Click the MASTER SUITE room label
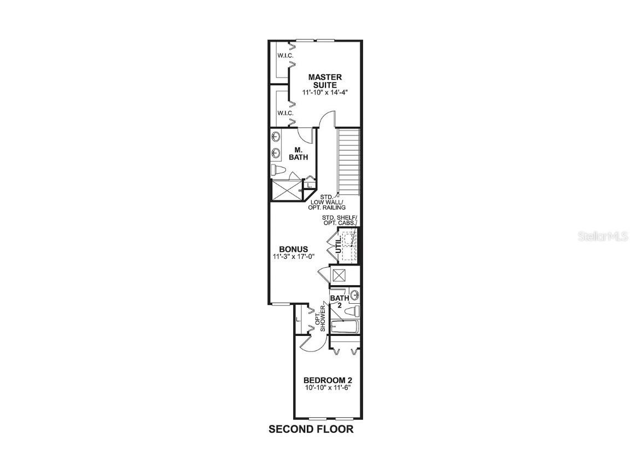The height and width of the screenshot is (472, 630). (x=325, y=81)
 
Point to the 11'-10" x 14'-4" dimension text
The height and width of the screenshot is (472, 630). (x=325, y=93)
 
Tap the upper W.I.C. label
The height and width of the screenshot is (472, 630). (x=285, y=56)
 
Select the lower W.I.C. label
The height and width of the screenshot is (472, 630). (x=285, y=113)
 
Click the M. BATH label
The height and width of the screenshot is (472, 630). (x=299, y=154)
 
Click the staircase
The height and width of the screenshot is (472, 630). (x=349, y=162)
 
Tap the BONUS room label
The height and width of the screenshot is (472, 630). (x=294, y=249)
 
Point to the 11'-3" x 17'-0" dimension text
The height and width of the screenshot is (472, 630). (x=294, y=256)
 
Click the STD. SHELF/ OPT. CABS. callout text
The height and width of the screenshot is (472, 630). (x=339, y=220)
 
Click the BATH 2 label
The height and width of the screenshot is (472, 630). (x=339, y=302)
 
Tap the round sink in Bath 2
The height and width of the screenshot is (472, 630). (x=354, y=296)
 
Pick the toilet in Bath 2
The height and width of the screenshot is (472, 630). (x=354, y=311)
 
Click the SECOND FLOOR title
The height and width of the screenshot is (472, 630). (x=311, y=429)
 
